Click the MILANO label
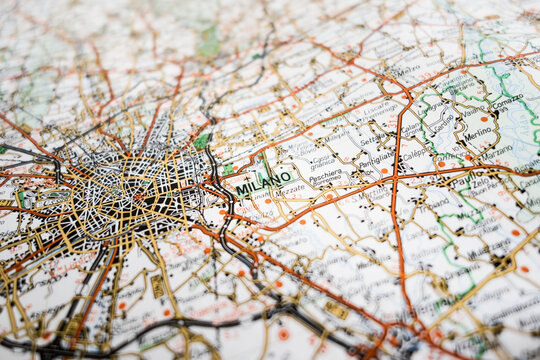point(265,183)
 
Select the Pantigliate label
point(376,157)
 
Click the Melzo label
point(407,71)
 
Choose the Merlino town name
point(478,132)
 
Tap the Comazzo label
point(507,100)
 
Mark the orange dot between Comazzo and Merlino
point(484,118)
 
